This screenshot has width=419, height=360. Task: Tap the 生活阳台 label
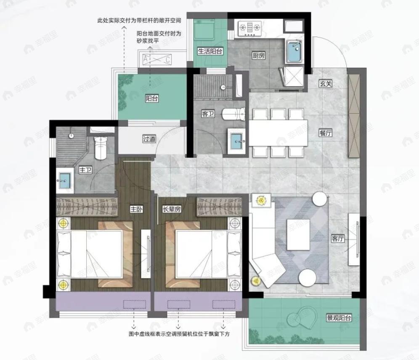[x=210, y=51]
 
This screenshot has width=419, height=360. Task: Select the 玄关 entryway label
[x=326, y=84]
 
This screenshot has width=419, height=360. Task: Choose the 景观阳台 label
[x=339, y=318]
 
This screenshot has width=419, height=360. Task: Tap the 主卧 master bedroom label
[x=135, y=209]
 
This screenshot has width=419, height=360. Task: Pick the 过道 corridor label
[x=149, y=138]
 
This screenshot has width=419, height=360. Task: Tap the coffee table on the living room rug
[x=298, y=234]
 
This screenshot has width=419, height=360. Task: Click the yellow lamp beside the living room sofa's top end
[x=262, y=201]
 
